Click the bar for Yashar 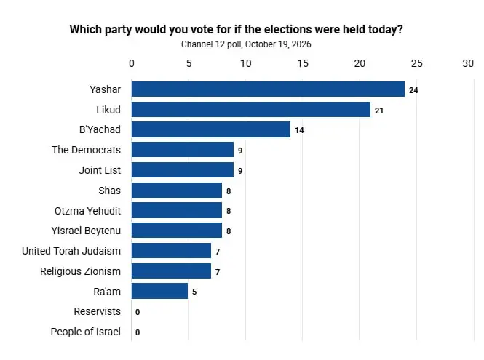point(268,89)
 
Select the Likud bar point(251,110)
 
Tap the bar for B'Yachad point(211,129)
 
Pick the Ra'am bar point(159,291)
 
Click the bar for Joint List point(183,170)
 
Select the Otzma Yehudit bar point(177,210)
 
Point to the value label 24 point(413,90)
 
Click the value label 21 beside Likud point(379,111)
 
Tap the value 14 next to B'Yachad point(299,130)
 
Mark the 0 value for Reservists point(138,312)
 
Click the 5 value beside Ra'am point(194,292)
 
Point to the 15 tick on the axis point(303,63)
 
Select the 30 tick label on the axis point(468,63)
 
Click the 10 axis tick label point(246,63)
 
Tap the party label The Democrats point(86,150)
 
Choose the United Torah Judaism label point(71,251)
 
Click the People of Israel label point(85,332)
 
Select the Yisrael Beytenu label point(86,231)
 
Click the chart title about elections point(236,30)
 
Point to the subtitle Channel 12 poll point(246,44)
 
